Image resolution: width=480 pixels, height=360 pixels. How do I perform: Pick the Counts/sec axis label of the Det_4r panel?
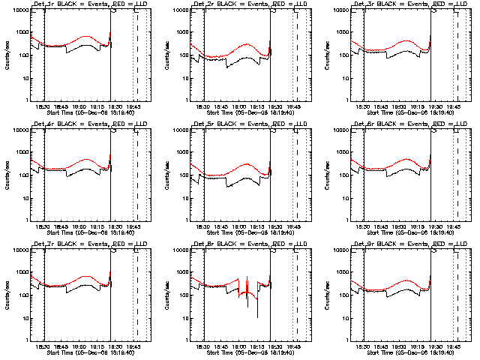tap(8, 175)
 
